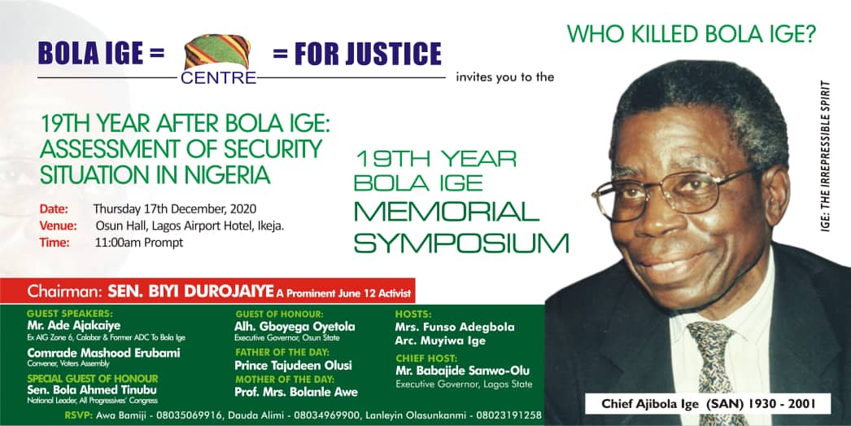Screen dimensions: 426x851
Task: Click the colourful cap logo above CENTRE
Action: point(218,54)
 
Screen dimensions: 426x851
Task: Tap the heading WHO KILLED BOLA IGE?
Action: point(691,34)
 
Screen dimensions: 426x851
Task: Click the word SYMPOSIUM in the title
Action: point(460,242)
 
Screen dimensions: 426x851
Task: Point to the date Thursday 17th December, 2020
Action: point(174,209)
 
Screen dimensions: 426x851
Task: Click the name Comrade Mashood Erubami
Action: point(103,353)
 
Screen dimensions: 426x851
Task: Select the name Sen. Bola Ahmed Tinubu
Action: point(93,389)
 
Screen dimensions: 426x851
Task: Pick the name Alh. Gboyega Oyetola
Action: point(294,327)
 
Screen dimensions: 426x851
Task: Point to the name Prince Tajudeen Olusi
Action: point(294,366)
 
